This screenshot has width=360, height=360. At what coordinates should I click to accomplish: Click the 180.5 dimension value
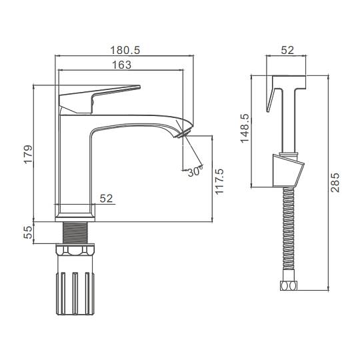click(125, 50)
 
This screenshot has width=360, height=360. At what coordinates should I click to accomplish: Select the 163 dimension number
click(122, 65)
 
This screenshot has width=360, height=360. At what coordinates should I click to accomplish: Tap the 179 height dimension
click(28, 154)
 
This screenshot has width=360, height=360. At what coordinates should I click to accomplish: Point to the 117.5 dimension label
click(219, 181)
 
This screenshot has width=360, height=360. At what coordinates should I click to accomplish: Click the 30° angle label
click(195, 171)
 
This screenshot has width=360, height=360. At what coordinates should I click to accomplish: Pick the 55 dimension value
click(28, 233)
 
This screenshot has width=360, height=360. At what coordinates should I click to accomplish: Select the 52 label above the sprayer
click(287, 50)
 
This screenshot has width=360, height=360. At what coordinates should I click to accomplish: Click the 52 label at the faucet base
click(106, 199)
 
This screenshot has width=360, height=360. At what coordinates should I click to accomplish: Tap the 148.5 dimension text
click(245, 129)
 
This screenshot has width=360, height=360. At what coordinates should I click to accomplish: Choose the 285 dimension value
click(335, 183)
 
